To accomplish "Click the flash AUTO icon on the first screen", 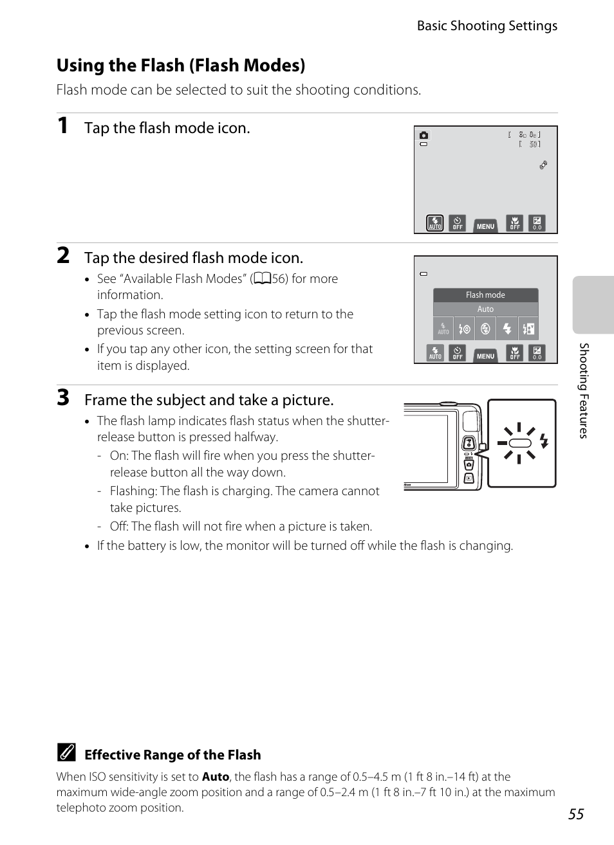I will [x=435, y=223].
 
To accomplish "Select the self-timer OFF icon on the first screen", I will [x=457, y=223].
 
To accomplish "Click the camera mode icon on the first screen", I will [x=423, y=136].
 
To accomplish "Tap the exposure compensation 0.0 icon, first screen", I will [x=537, y=223].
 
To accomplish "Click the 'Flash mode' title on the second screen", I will [x=485, y=295].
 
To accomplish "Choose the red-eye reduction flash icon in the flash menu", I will [x=464, y=329].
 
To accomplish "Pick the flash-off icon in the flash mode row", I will [x=485, y=329].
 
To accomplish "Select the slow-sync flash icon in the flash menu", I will [x=528, y=329].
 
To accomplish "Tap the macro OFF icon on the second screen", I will [x=515, y=353].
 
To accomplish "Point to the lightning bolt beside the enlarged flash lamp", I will [x=544, y=441].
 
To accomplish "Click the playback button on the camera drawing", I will [x=469, y=478].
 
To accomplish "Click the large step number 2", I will [x=63, y=256].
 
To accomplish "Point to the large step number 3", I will [x=63, y=398].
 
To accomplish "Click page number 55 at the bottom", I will [x=576, y=813].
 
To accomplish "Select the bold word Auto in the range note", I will [x=215, y=777].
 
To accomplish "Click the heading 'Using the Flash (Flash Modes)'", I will [x=181, y=66].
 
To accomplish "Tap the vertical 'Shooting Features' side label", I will [x=584, y=390].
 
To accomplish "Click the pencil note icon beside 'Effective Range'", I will [x=66, y=753].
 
